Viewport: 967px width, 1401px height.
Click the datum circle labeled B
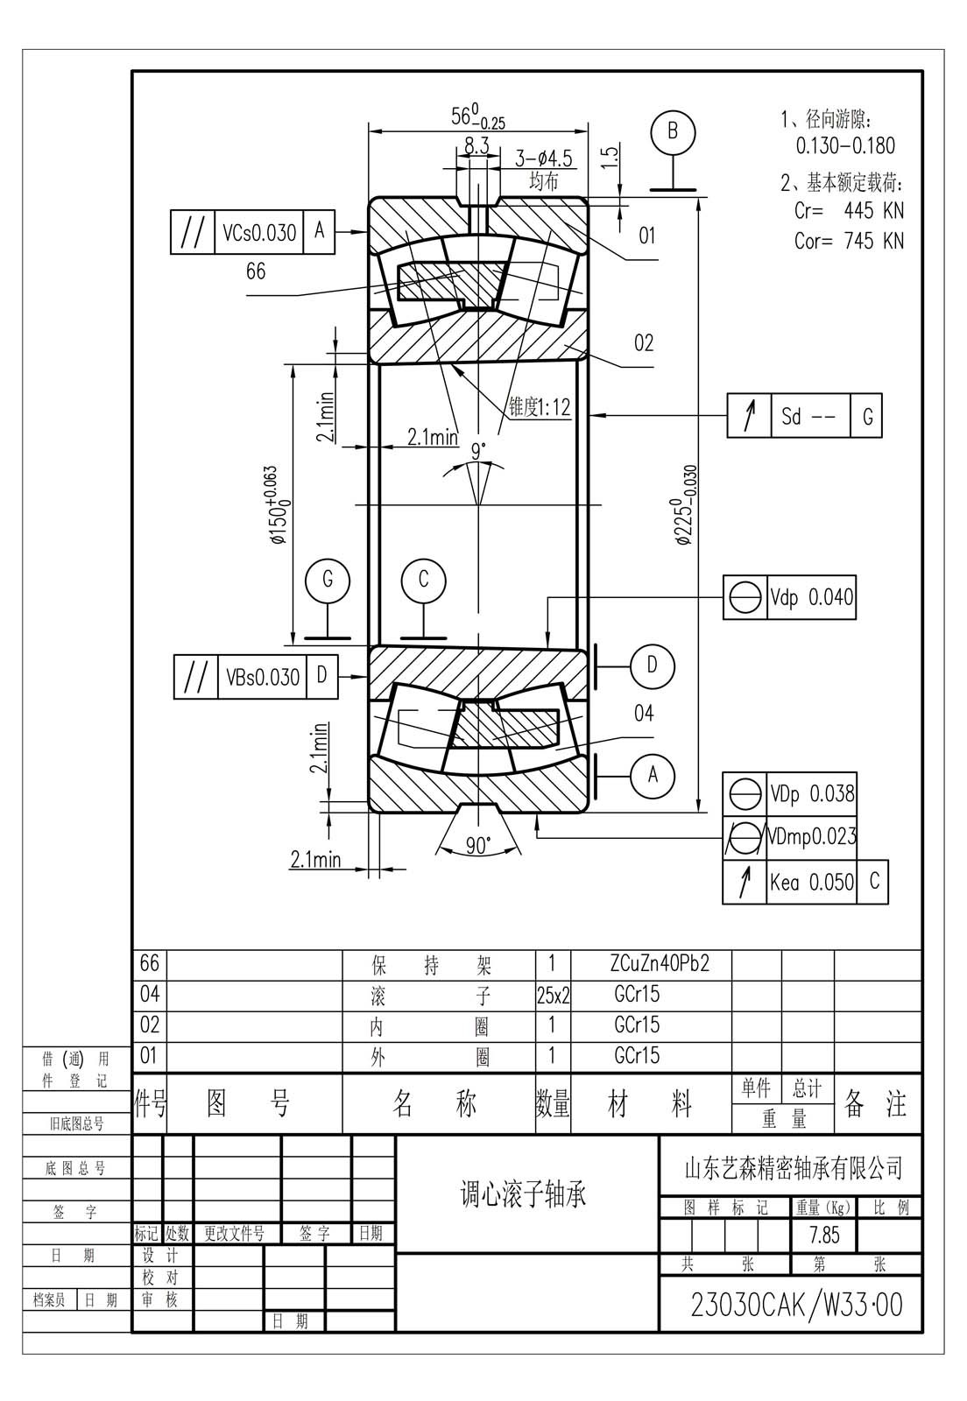[673, 131]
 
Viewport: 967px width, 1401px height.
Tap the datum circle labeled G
[327, 580]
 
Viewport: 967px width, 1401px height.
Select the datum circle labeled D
[653, 665]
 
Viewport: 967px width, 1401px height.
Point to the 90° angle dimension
[478, 846]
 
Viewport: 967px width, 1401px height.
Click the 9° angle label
[478, 450]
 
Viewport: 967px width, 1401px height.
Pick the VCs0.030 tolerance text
[259, 233]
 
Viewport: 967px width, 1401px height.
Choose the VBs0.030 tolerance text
[263, 677]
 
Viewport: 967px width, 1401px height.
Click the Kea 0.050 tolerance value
[811, 883]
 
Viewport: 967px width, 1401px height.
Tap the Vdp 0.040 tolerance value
[811, 597]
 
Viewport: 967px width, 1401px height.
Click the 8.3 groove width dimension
[476, 145]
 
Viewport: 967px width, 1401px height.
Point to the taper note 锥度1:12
[540, 408]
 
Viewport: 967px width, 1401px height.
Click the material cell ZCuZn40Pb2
[660, 963]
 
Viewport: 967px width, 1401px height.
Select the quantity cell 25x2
[553, 995]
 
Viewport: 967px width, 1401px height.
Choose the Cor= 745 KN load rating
[849, 240]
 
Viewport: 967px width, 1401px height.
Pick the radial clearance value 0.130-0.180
[845, 145]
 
